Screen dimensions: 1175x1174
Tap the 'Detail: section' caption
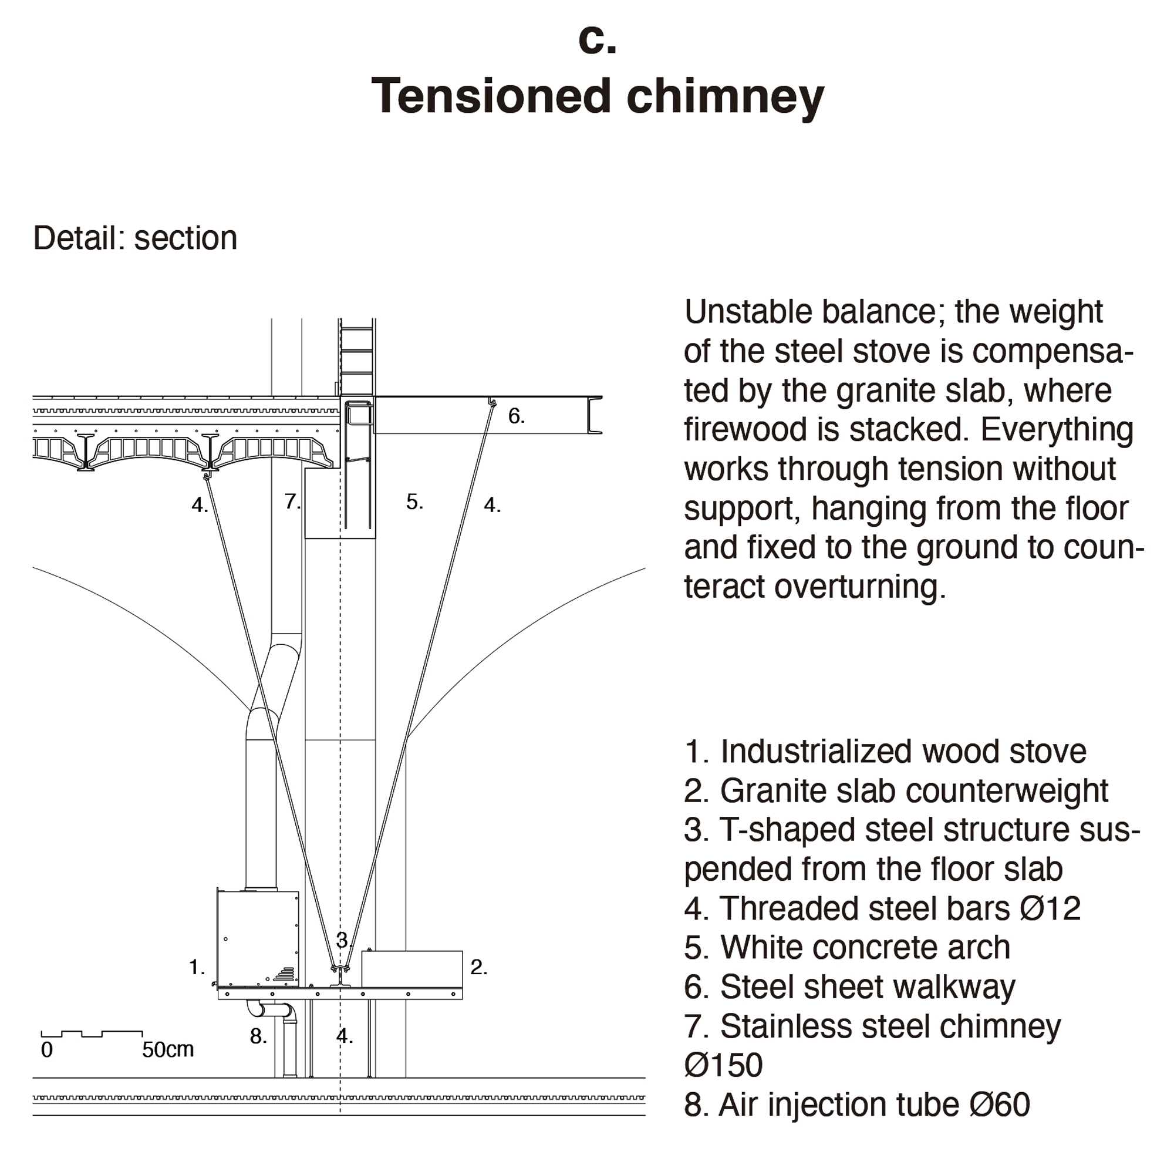point(135,238)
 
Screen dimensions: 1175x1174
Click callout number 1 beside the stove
point(197,967)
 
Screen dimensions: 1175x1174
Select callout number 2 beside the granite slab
point(478,967)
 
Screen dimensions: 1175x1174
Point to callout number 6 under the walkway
point(516,416)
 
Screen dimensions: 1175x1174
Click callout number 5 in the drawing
point(414,503)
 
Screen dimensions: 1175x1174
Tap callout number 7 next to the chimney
point(292,501)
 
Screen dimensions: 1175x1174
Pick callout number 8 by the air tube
point(258,1036)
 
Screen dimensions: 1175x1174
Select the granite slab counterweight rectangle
point(411,969)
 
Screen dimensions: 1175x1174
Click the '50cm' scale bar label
point(168,1050)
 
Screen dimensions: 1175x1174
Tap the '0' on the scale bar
point(47,1051)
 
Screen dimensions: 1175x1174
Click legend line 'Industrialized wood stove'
point(885,752)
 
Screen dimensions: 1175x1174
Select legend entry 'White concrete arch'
point(847,948)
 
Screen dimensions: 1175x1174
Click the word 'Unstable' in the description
point(748,312)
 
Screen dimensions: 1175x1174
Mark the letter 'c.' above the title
point(597,41)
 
